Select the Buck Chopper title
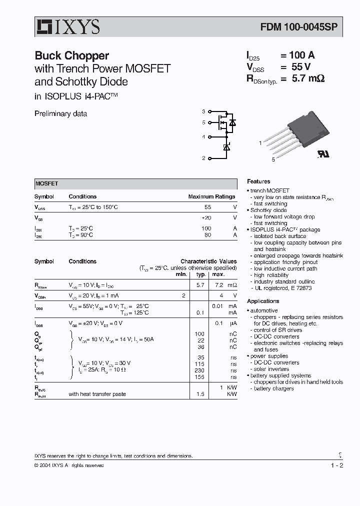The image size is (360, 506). tap(71, 55)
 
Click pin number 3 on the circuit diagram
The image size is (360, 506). tap(203, 111)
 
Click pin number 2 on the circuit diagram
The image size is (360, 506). tap(203, 158)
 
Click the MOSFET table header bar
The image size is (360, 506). tap(135, 183)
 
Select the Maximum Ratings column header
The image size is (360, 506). tap(211, 197)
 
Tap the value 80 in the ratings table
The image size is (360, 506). tap(207, 234)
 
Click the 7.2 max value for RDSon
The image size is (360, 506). tap(218, 284)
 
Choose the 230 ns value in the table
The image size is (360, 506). tap(199, 370)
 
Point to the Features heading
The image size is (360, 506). tap(258, 181)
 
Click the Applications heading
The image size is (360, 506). tap(263, 301)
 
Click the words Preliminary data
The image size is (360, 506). tap(60, 113)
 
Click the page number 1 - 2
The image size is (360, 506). tap(337, 465)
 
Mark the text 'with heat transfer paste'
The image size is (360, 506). tap(97, 394)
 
